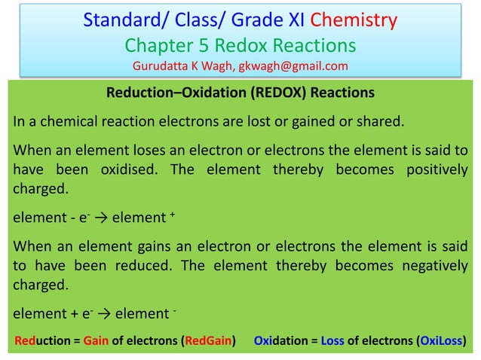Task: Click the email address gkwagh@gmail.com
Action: tap(292, 66)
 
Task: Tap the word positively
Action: tap(432, 169)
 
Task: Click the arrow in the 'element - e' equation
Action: tap(97, 218)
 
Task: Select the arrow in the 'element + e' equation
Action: tap(100, 314)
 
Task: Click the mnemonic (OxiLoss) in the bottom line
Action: tap(440, 340)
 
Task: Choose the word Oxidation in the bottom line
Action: tap(281, 340)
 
